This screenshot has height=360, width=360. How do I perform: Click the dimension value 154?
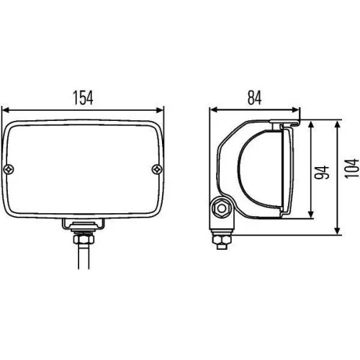coord(84,96)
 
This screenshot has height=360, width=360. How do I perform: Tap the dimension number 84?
coord(253,96)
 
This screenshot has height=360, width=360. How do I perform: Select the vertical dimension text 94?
coord(322,171)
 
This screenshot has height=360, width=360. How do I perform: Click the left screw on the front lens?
coord(9,169)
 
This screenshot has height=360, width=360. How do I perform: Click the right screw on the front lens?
coord(157,169)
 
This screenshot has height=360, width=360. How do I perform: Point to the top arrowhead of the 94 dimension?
coord(310,125)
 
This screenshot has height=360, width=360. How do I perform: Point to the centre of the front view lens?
coord(83,169)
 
